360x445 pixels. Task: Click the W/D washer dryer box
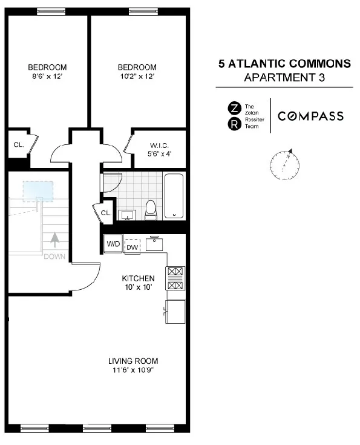[x=113, y=244]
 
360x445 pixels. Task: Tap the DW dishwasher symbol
[x=132, y=247]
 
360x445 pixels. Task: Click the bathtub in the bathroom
[x=174, y=195]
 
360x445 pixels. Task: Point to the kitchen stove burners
[x=175, y=278]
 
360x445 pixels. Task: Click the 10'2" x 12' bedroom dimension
[x=137, y=76]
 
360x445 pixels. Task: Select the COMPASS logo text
[x=310, y=116]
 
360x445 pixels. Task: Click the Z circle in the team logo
[x=232, y=108]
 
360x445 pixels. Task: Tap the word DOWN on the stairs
[x=54, y=256]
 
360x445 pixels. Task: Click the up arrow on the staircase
[x=54, y=239]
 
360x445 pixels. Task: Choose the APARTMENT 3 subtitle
[x=284, y=78]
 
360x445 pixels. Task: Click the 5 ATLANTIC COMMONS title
[x=284, y=64]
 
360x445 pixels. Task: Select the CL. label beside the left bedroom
[x=18, y=145]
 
